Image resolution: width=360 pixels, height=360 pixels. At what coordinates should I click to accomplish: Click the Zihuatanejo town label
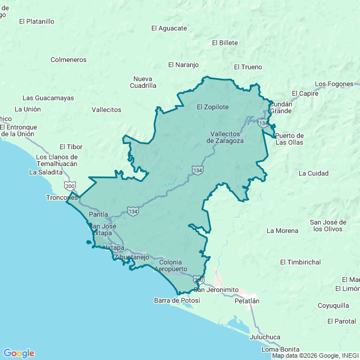click(133, 257)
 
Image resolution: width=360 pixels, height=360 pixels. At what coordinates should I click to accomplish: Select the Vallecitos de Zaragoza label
click(225, 138)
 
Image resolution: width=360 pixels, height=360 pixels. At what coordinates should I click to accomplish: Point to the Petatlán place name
click(247, 301)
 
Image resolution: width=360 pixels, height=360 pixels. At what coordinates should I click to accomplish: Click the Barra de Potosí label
click(177, 300)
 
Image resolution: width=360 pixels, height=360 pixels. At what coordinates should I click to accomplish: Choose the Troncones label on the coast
click(62, 198)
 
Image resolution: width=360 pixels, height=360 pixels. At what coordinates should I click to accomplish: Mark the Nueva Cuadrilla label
click(143, 82)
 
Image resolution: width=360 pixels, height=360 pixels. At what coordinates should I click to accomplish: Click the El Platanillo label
click(37, 21)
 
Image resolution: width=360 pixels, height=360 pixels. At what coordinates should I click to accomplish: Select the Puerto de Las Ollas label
click(289, 139)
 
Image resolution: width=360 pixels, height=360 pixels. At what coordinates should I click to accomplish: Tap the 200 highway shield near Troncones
click(70, 185)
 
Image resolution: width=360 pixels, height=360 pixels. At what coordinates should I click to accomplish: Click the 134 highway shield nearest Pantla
click(132, 211)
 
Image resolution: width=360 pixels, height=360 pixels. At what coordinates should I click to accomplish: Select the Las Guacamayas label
click(48, 98)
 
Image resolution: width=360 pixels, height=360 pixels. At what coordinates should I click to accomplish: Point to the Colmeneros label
click(69, 59)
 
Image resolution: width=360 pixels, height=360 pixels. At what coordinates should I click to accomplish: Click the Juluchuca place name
click(265, 337)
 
